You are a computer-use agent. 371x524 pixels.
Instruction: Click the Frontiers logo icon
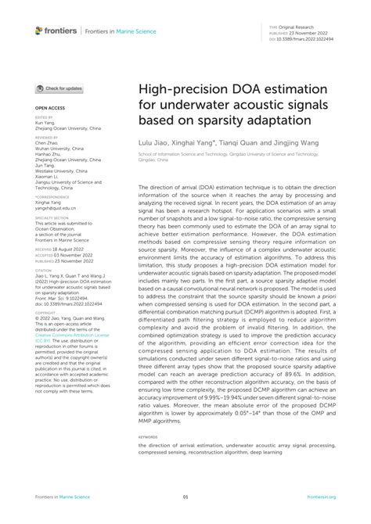[39, 31]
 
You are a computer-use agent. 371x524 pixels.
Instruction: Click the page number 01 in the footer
[185, 497]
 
